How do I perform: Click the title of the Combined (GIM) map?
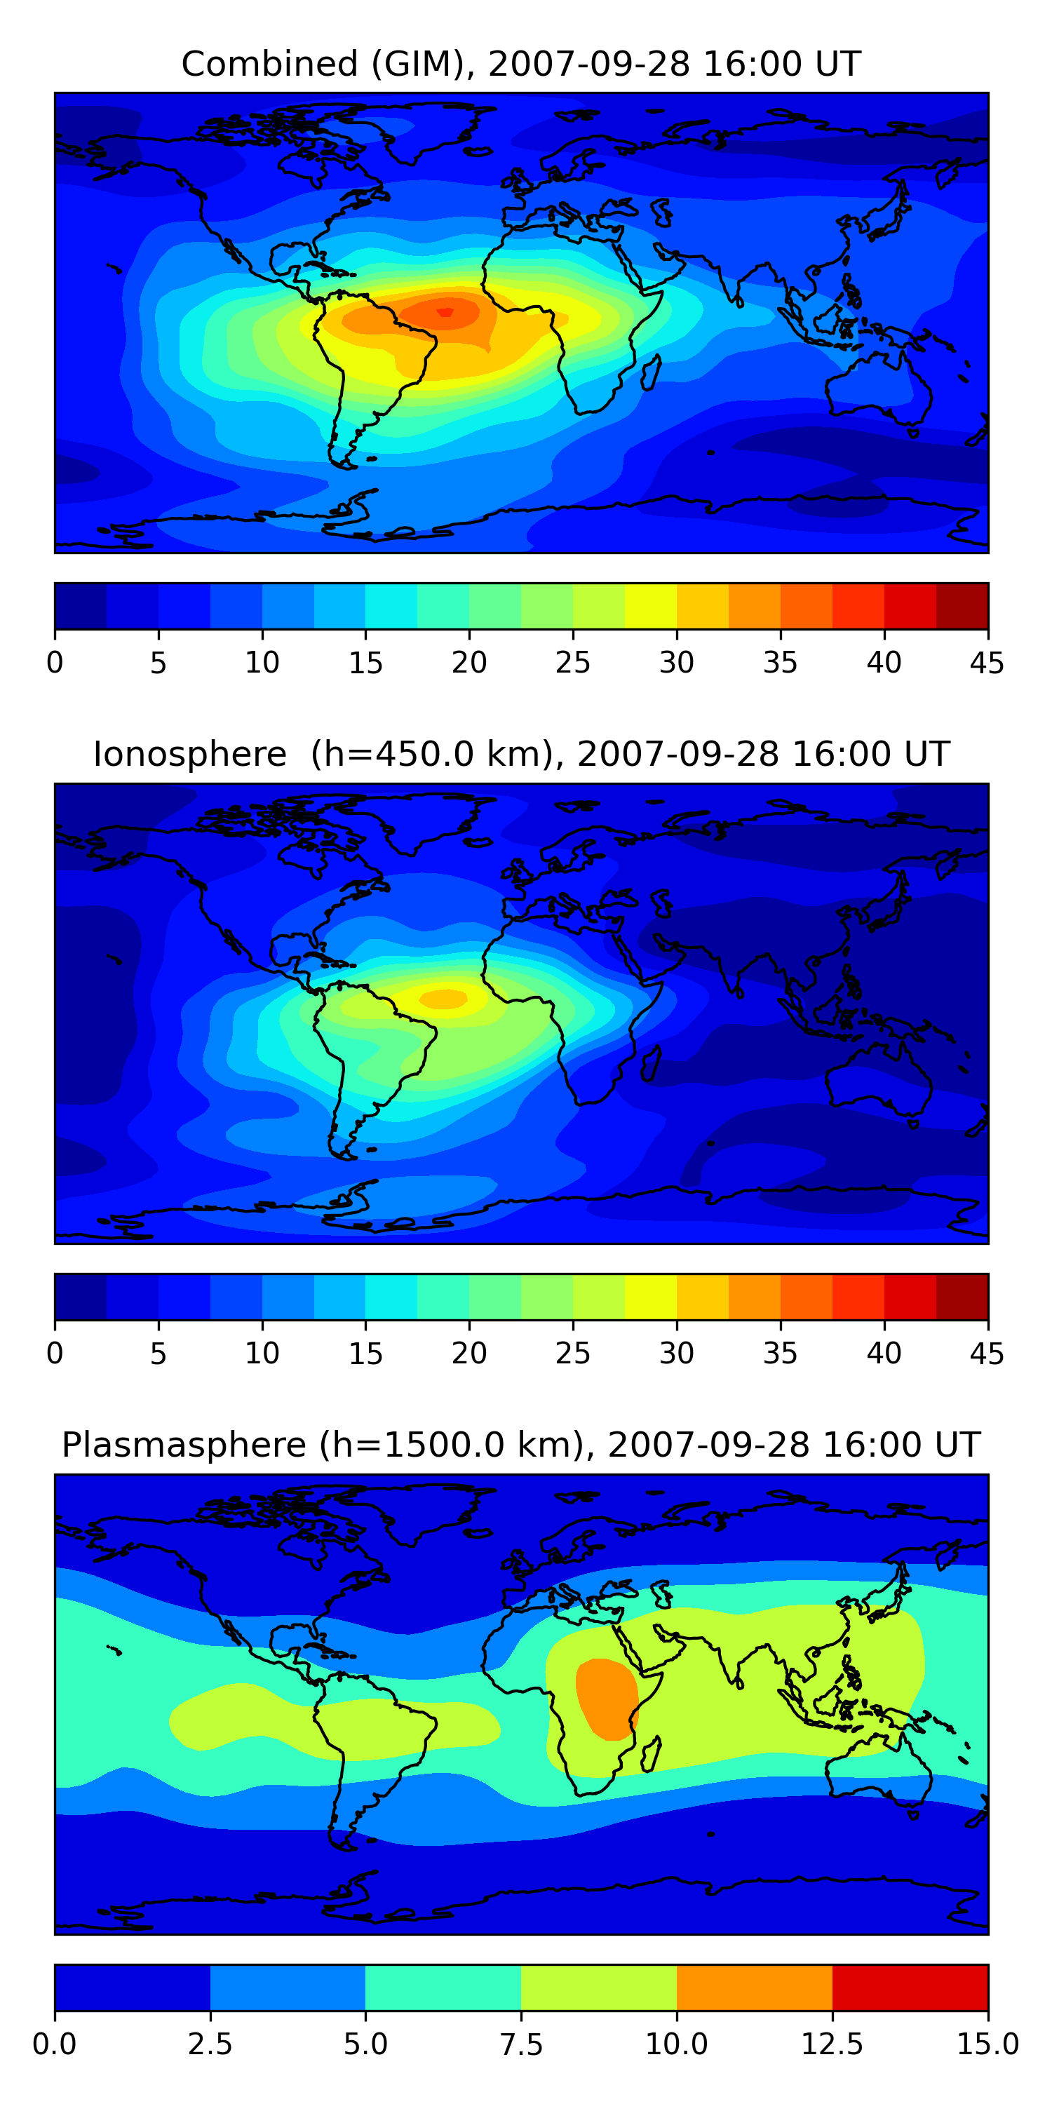tap(521, 64)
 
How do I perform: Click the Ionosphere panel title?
tap(521, 754)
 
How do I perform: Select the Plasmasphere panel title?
tap(521, 1445)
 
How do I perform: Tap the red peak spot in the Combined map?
tap(445, 311)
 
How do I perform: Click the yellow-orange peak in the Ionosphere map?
tap(443, 997)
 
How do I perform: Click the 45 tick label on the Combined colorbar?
tap(987, 662)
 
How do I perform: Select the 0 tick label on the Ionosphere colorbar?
tap(55, 1354)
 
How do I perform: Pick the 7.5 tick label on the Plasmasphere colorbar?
tap(521, 2044)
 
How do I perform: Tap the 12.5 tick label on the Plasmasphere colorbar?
tap(832, 2044)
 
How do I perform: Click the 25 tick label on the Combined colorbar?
tap(572, 662)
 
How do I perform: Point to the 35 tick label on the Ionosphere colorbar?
tap(780, 1354)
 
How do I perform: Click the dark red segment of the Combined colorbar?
tap(962, 606)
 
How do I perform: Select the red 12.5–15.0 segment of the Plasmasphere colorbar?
tap(910, 1987)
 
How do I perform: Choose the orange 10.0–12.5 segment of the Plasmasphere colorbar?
tap(754, 1987)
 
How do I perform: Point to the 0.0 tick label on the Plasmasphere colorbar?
tap(55, 2044)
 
